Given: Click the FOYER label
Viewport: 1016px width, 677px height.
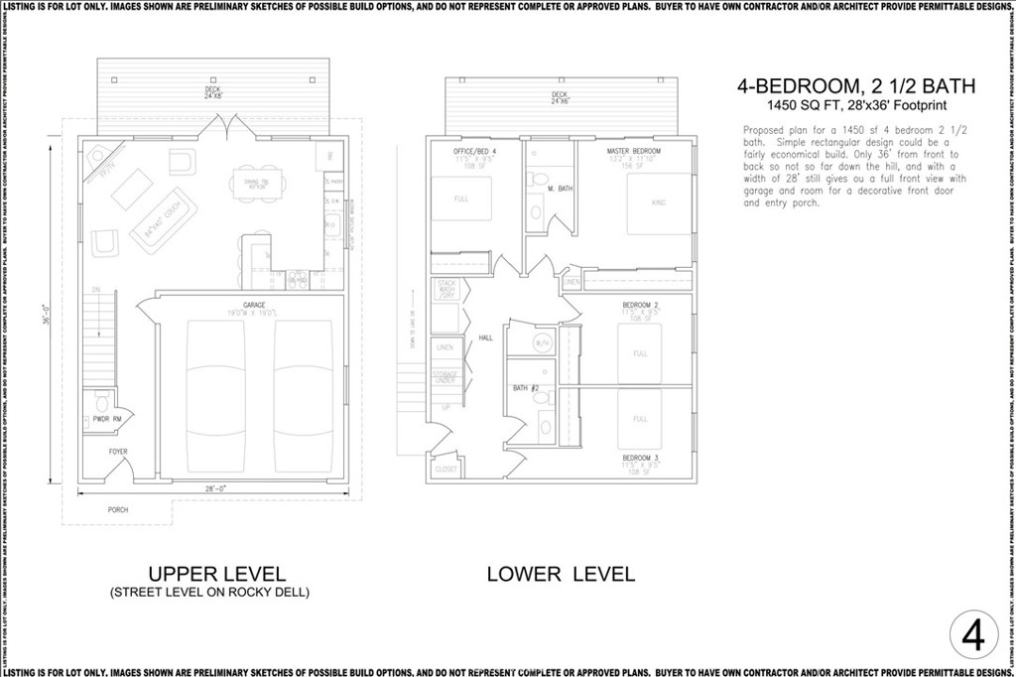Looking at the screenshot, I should (x=118, y=453).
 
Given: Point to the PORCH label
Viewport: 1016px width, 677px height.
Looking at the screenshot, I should (x=118, y=509).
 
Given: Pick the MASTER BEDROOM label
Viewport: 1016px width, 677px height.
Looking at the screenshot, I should (x=634, y=150).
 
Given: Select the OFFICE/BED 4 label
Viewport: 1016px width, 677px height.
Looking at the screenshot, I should (x=475, y=150).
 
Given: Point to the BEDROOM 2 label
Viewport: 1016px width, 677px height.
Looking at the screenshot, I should (x=640, y=304).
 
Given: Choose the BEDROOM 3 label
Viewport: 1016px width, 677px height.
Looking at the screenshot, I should (x=640, y=458).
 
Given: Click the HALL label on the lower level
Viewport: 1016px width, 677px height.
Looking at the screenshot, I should (x=486, y=338).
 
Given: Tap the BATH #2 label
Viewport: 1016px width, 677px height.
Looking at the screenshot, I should (x=526, y=388).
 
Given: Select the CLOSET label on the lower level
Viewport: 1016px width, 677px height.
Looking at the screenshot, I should (x=446, y=469).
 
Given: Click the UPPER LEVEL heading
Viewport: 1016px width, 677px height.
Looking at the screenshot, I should (x=216, y=574).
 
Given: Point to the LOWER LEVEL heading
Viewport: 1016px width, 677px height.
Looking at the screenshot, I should (x=561, y=574).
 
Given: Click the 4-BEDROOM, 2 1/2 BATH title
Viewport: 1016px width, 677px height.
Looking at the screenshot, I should (x=855, y=86).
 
